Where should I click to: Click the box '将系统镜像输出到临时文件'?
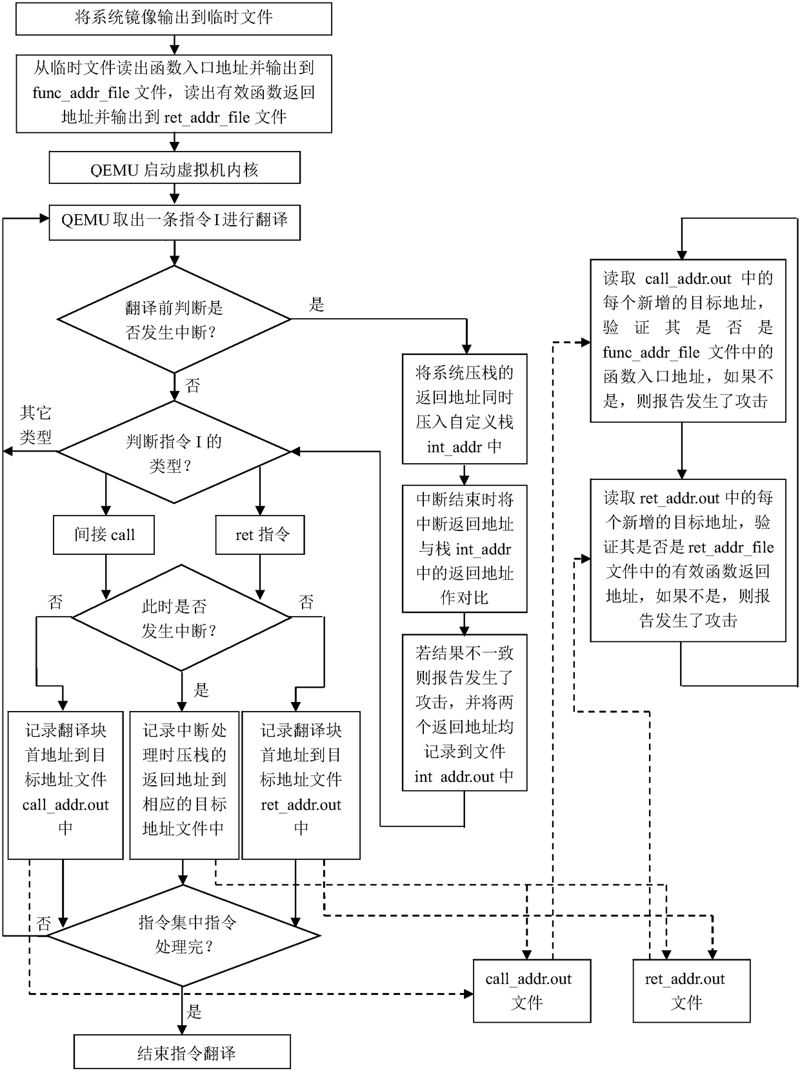click(x=174, y=18)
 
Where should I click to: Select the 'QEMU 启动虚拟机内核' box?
click(x=174, y=169)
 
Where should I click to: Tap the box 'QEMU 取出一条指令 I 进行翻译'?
click(x=174, y=221)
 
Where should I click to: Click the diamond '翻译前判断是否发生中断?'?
click(x=174, y=319)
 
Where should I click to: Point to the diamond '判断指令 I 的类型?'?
click(x=174, y=452)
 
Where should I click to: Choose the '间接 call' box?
click(x=104, y=535)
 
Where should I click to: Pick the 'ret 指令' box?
click(x=260, y=535)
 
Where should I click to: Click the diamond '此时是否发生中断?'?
click(x=181, y=618)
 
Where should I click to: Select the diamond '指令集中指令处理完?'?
click(x=184, y=935)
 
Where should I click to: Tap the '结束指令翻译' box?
click(x=182, y=1054)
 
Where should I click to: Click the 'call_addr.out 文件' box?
click(x=532, y=991)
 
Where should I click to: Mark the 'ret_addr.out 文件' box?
click(x=691, y=991)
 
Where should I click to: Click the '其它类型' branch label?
click(x=35, y=425)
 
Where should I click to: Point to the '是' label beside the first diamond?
click(x=317, y=305)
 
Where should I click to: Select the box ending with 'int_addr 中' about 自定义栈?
click(x=465, y=408)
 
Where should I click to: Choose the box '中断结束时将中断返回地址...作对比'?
click(x=465, y=548)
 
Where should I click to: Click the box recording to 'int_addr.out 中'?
click(x=465, y=714)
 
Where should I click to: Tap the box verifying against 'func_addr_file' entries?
click(x=688, y=341)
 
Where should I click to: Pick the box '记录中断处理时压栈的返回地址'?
click(x=185, y=785)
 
